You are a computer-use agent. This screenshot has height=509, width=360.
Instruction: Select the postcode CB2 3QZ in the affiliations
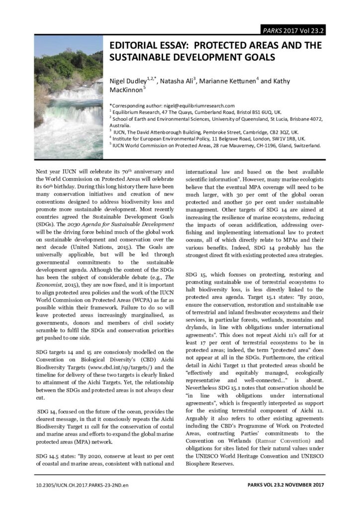pyautogui.click(x=276, y=132)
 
